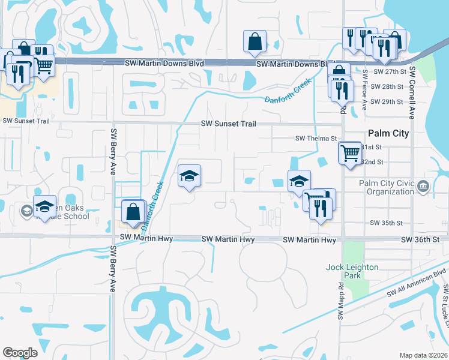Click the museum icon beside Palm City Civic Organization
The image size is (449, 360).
(424, 187)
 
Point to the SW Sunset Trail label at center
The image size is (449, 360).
(229, 124)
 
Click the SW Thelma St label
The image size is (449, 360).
(316, 138)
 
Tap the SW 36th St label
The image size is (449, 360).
(420, 239)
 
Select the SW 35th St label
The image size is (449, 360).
(386, 223)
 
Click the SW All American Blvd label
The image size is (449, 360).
(417, 283)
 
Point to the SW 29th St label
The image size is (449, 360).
(387, 102)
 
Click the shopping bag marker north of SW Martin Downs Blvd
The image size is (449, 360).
(255, 41)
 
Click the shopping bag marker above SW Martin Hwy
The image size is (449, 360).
(133, 211)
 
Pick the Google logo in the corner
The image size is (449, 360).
(20, 353)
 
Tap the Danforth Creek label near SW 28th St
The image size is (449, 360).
(288, 91)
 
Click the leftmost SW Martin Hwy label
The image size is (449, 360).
(146, 239)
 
